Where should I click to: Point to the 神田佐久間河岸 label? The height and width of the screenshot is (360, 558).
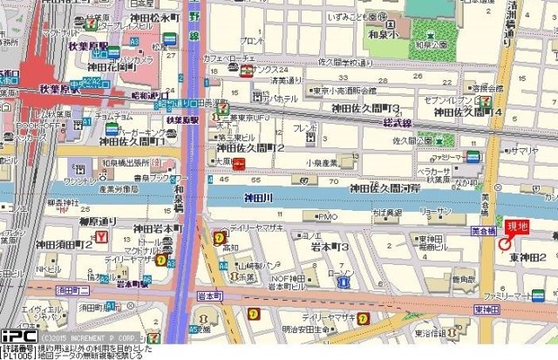pyautogui.click(x=384, y=187)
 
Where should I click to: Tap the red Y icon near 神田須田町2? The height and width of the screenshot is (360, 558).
pyautogui.click(x=102, y=237)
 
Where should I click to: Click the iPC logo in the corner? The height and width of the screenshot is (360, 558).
pyautogui.click(x=17, y=336)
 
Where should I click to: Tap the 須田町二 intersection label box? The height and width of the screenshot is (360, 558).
pyautogui.click(x=73, y=289)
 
